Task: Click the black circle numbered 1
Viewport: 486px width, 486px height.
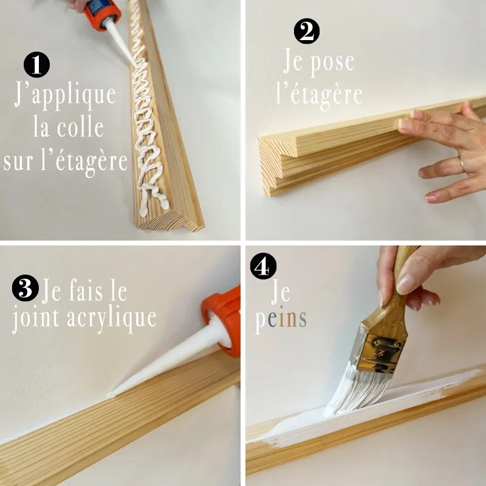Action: tap(36, 64)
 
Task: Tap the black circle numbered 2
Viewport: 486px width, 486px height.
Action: tap(307, 31)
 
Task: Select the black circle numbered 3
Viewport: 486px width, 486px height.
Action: tap(26, 288)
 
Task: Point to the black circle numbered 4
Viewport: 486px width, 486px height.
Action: tap(263, 266)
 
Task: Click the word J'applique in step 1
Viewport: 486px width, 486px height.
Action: tap(65, 95)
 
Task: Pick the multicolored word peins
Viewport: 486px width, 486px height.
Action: tap(281, 319)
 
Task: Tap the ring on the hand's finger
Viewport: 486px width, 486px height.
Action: tap(461, 164)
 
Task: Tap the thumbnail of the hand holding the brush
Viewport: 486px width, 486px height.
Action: tap(405, 284)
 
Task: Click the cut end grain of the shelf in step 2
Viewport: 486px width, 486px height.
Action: tap(277, 163)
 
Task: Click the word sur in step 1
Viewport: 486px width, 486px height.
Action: tap(18, 161)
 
